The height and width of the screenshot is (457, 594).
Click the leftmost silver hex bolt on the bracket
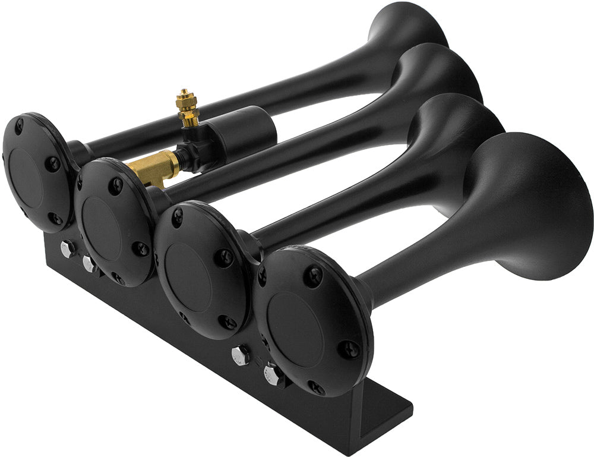point(67,248)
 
